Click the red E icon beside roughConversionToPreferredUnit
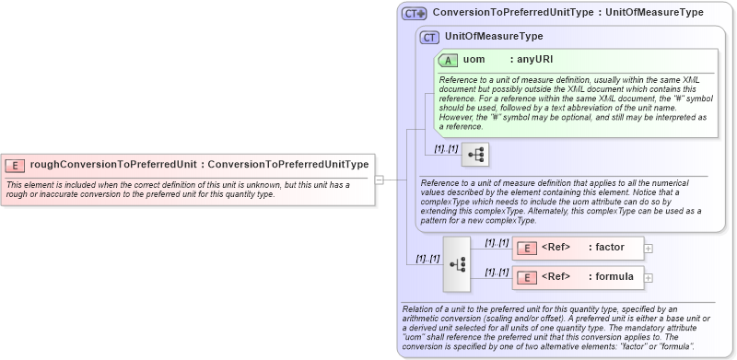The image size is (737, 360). [15, 165]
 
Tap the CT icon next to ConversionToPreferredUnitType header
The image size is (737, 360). [414, 14]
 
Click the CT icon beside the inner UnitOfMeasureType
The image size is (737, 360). [429, 37]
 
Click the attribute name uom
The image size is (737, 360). [474, 60]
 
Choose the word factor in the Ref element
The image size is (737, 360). [610, 248]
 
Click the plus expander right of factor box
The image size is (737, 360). [649, 248]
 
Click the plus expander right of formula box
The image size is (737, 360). [649, 277]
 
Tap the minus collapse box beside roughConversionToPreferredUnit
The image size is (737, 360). [379, 180]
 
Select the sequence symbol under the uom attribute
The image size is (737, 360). [476, 155]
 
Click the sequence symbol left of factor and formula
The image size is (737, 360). [456, 262]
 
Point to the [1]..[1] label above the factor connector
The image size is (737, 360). [497, 242]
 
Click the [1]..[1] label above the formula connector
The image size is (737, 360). [497, 272]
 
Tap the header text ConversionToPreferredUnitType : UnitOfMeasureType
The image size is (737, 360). [567, 13]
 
